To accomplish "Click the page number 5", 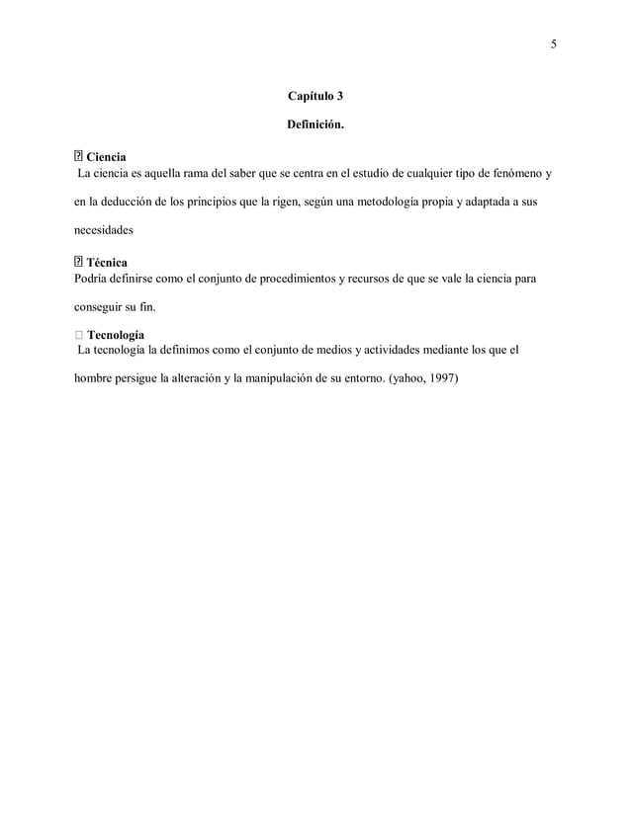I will point(554,43).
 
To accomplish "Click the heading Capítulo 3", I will point(315,97).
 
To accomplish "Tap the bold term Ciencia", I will point(107,157).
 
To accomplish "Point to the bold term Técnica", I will point(107,263).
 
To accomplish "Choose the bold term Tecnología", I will point(116,334).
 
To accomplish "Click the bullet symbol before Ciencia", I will point(78,157).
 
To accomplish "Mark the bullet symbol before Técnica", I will point(78,263).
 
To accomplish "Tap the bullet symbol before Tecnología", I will point(78,334).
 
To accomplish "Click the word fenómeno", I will point(508,175).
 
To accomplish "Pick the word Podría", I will point(91,280).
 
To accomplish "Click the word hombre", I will point(96,379).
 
